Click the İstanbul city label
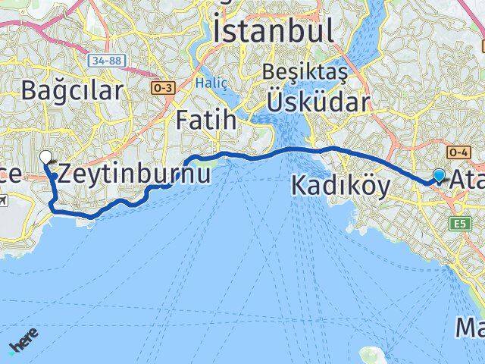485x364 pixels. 274,31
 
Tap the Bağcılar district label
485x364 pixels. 72,91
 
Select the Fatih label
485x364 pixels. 205,119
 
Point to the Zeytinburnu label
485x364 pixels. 134,173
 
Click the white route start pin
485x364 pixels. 45,158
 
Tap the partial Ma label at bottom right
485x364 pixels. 470,328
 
